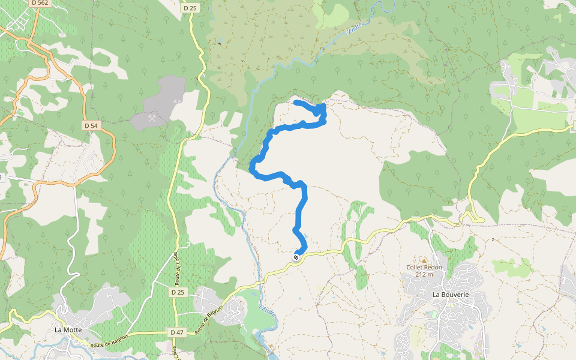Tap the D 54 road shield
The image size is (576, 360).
click(91, 125)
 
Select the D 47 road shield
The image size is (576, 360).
click(176, 332)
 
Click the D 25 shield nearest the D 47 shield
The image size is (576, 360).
click(178, 292)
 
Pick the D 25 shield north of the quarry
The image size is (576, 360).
click(189, 7)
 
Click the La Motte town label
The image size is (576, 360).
click(68, 329)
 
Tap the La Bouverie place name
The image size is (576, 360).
click(450, 295)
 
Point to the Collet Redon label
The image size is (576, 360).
click(424, 267)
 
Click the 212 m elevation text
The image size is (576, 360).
click(424, 274)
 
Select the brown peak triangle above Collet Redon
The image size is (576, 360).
click(424, 260)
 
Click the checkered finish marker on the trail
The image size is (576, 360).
click(296, 257)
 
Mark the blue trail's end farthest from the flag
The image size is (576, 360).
click(296, 103)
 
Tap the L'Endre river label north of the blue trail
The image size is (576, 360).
click(355, 27)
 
